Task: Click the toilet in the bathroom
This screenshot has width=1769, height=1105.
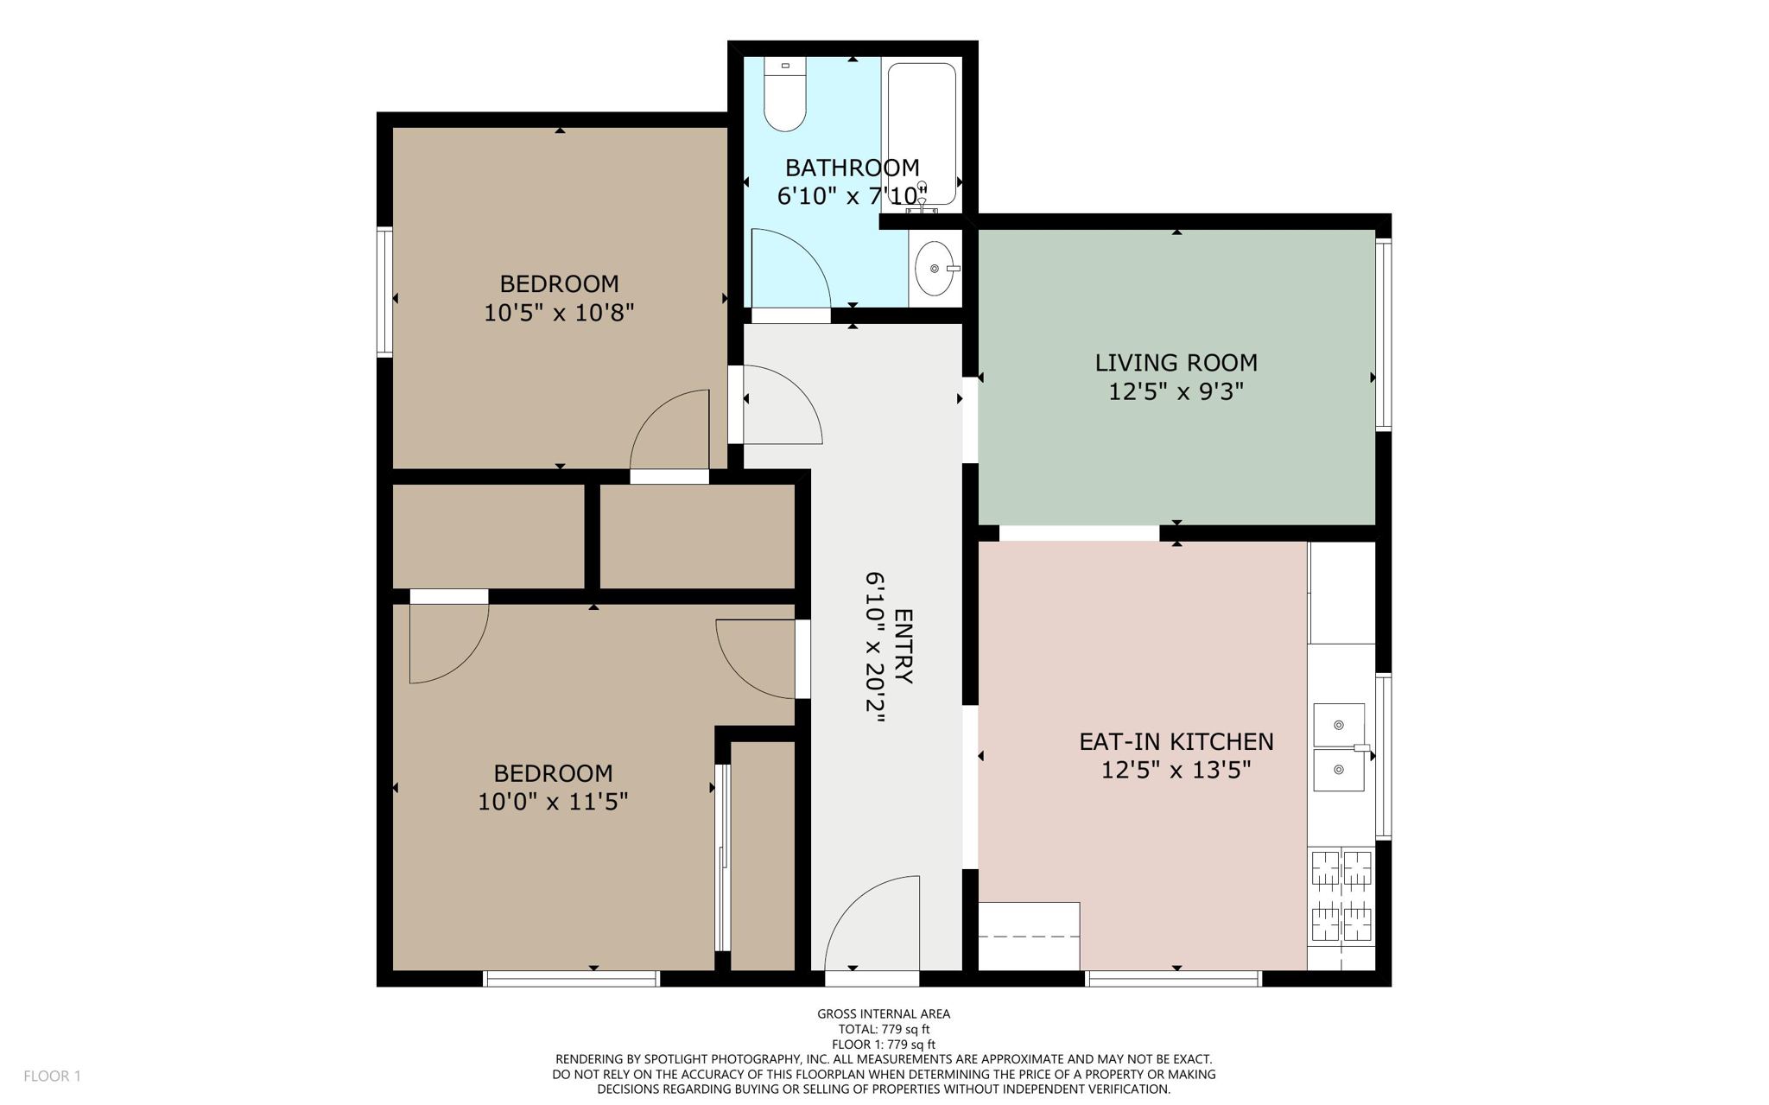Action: (784, 97)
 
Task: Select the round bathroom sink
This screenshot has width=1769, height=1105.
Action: (935, 269)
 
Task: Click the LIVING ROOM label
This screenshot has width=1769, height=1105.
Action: (1176, 363)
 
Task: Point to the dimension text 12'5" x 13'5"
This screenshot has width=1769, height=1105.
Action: (1176, 770)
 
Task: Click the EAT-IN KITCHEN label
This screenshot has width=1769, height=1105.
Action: (1176, 741)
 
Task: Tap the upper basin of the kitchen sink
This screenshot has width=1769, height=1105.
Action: (1338, 724)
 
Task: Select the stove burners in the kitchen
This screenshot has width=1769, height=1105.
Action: (1341, 895)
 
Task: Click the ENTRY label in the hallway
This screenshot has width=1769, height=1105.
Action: (903, 646)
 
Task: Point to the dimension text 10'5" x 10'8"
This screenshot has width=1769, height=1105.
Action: (559, 313)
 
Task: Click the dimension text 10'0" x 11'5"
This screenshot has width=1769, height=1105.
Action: (553, 802)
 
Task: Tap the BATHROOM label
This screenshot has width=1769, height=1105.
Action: (852, 168)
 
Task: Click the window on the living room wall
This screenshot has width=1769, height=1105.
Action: (1383, 335)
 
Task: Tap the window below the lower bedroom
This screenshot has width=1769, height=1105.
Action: (571, 979)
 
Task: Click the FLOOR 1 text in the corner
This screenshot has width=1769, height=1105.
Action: (52, 1076)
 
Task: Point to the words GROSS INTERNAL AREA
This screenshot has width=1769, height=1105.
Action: (884, 1013)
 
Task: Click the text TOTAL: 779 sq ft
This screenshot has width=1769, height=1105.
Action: (884, 1029)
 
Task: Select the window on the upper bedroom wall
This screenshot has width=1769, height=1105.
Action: (385, 291)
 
